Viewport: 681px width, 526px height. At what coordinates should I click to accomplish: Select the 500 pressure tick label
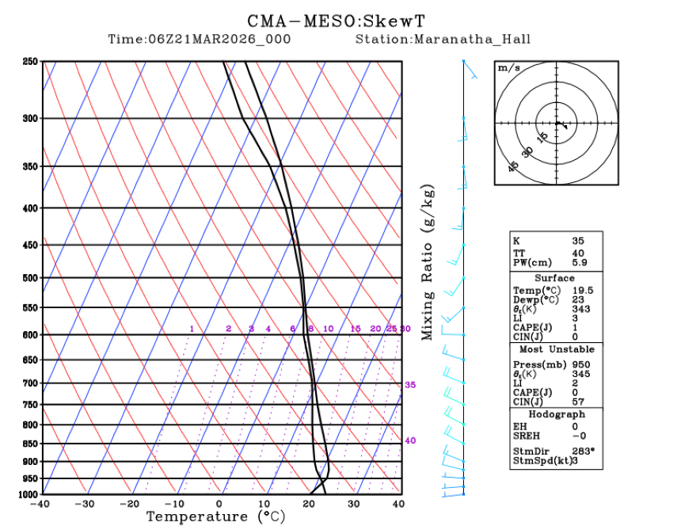click(31, 278)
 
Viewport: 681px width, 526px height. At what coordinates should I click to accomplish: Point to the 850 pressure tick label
click(31, 444)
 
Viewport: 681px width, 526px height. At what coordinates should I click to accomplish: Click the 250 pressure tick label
click(31, 62)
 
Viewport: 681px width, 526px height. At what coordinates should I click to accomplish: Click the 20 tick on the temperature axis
click(309, 503)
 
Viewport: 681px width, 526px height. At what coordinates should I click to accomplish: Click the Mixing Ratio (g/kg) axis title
click(428, 264)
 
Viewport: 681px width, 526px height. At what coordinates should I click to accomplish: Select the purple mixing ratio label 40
click(410, 440)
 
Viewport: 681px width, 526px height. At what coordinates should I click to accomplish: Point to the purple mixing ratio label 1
click(192, 329)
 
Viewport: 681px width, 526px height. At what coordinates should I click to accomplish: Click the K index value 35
click(579, 240)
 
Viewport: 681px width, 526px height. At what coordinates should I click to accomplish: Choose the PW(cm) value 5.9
click(580, 262)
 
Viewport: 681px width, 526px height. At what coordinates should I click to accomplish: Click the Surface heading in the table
click(554, 278)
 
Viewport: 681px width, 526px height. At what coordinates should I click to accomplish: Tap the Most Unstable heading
click(556, 349)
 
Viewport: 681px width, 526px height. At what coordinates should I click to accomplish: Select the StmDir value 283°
click(584, 452)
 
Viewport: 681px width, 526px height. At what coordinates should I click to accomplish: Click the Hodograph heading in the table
click(556, 414)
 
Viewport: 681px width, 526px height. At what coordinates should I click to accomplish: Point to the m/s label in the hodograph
click(508, 68)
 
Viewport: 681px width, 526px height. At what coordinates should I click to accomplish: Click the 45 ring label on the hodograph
click(513, 166)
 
